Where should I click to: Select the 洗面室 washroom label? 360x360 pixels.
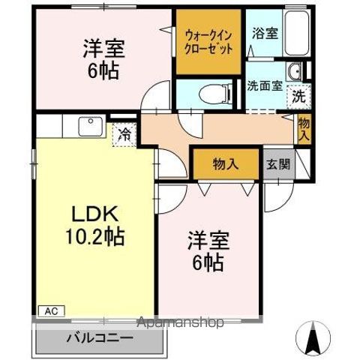click(x=264, y=85)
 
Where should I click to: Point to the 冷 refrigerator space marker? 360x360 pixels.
click(x=124, y=136)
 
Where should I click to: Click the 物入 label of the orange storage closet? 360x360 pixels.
click(x=225, y=164)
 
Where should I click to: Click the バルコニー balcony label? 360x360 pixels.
click(x=97, y=337)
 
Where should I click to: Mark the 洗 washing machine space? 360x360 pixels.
click(x=298, y=96)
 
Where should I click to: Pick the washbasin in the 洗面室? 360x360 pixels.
click(x=295, y=73)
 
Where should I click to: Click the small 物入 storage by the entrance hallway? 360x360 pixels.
click(x=303, y=130)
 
